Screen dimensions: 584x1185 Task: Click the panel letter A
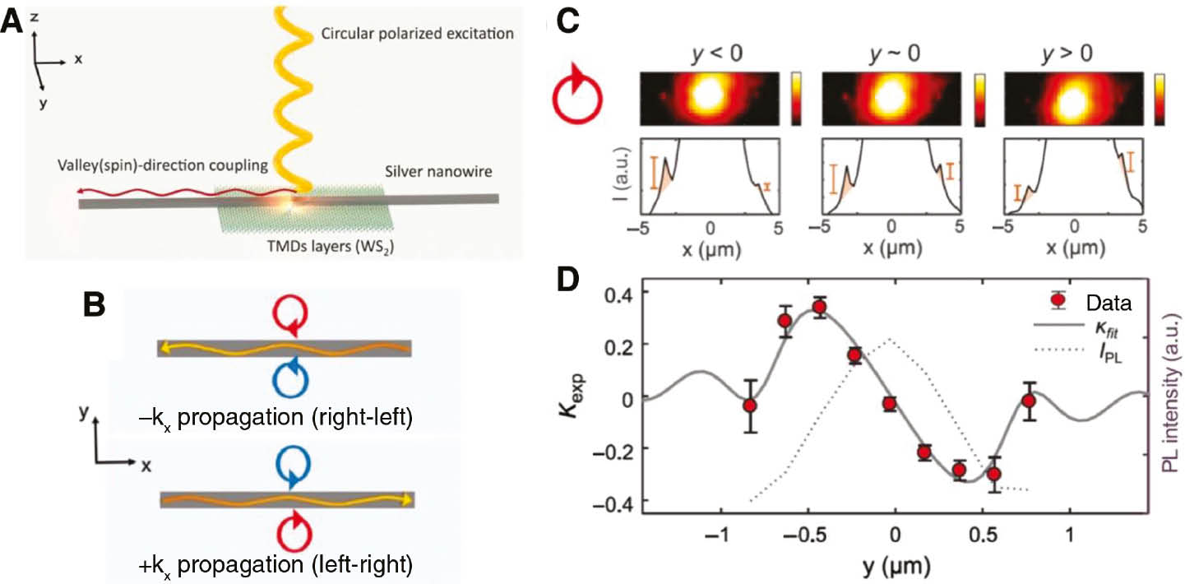click(x=13, y=20)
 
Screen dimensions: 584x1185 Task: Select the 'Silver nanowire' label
click(x=427, y=175)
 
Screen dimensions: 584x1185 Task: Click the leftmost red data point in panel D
click(x=749, y=406)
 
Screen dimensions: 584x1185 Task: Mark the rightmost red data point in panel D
click(x=1028, y=401)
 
